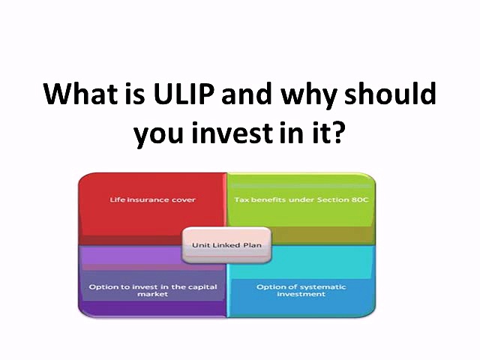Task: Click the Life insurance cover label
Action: [141, 201]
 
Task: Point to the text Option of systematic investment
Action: [291, 290]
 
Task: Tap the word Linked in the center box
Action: [225, 244]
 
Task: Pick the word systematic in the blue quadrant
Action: [303, 286]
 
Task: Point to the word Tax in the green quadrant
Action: [241, 201]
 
